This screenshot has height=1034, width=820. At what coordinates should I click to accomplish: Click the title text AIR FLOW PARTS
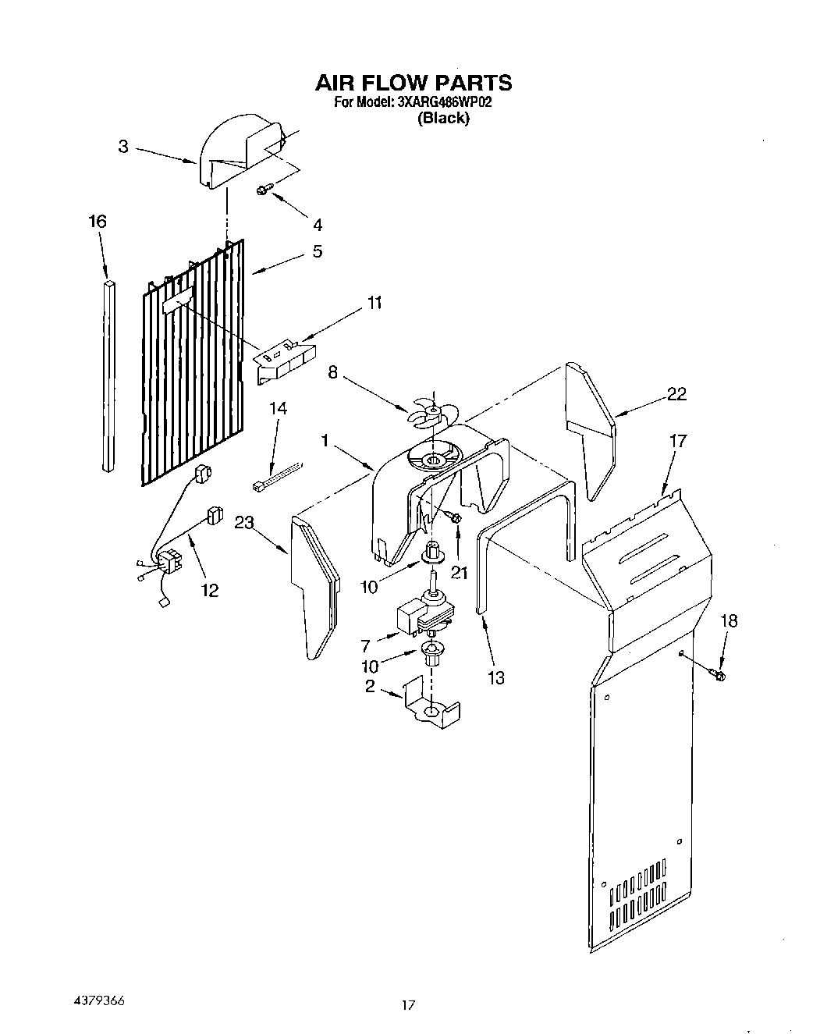click(x=413, y=83)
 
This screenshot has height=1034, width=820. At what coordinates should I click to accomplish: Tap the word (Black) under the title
click(x=443, y=119)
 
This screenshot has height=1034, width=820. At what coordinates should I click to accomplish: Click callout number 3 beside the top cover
click(x=123, y=146)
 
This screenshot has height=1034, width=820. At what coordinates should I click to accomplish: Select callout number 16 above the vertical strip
click(x=97, y=222)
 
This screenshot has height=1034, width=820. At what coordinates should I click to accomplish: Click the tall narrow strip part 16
click(x=110, y=375)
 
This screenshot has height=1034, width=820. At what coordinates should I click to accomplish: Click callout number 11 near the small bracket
click(x=375, y=303)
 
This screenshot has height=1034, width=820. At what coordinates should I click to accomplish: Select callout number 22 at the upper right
click(x=676, y=394)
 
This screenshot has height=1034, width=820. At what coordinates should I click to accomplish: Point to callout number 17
click(x=678, y=441)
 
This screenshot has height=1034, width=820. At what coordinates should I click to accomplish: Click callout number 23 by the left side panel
click(x=244, y=523)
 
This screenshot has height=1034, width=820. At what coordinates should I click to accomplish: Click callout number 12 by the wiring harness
click(x=210, y=590)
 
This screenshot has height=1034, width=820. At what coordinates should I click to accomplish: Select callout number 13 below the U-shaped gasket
click(x=496, y=677)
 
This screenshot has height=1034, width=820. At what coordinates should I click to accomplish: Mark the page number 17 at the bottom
click(x=407, y=1006)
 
